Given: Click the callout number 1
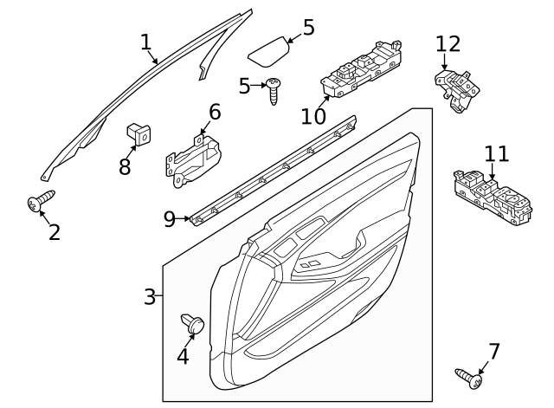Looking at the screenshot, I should (145, 42).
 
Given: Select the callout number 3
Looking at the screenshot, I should (150, 297).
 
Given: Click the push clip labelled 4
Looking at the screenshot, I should (194, 325).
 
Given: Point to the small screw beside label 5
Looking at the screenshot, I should (274, 89).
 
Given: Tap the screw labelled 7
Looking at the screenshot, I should (468, 377).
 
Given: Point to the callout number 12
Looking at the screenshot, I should (448, 42).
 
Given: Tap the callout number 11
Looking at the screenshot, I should (496, 154).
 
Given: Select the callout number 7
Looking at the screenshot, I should (493, 351).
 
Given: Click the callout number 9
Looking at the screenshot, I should (170, 218).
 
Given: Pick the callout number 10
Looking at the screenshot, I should (313, 115).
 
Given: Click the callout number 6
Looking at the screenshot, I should (214, 112).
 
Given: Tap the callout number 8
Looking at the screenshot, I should (125, 166).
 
